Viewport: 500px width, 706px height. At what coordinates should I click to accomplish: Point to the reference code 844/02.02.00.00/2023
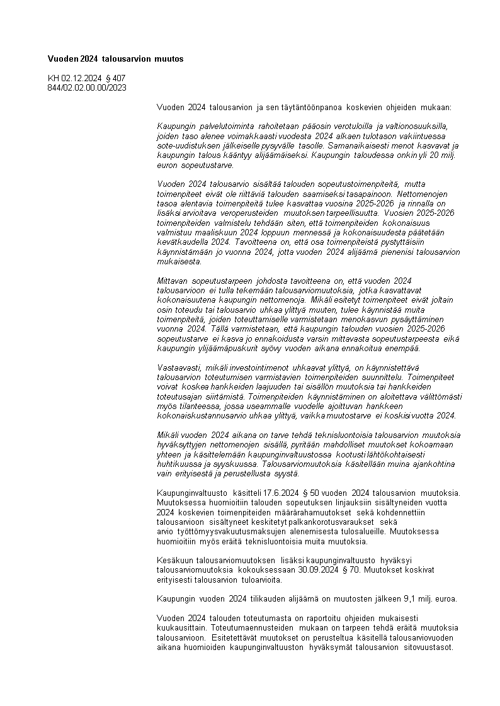click(87, 87)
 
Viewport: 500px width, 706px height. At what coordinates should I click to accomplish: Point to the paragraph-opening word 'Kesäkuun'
click(174, 560)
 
